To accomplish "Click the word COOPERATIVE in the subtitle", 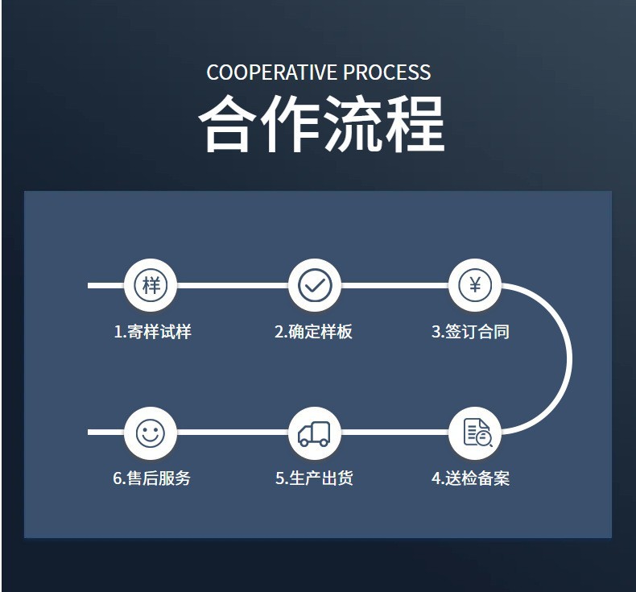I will [x=272, y=72].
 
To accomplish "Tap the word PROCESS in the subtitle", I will [x=387, y=72].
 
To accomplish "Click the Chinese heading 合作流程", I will [x=321, y=125].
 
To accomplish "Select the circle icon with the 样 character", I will [x=151, y=285].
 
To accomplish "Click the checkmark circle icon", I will [x=315, y=285].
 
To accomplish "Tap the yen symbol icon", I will [x=475, y=285].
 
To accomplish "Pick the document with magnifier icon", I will [x=476, y=433].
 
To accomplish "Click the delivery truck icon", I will [x=315, y=433].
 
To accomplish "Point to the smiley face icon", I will [x=151, y=433].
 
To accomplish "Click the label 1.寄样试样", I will [x=152, y=332].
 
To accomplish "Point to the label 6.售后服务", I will [x=152, y=478].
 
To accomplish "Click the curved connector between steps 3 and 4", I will [x=568, y=359].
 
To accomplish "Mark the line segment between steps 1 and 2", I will [x=233, y=285].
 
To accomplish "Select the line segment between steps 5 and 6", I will [x=233, y=433].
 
